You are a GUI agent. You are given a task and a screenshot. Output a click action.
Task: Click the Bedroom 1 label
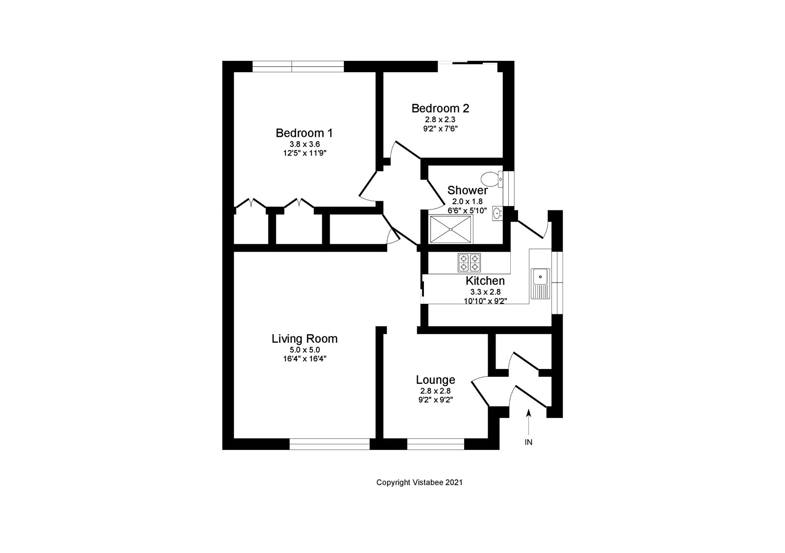[x=304, y=133]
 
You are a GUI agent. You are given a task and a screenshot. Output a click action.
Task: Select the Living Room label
[x=304, y=339]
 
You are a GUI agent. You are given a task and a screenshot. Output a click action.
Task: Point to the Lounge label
[x=435, y=380]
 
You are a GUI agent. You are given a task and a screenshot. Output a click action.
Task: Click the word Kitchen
[x=485, y=281]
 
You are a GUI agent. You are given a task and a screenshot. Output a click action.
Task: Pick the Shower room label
[x=468, y=190]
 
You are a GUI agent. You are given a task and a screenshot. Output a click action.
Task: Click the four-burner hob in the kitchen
[x=469, y=263]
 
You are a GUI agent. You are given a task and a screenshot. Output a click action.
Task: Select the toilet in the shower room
[x=490, y=178]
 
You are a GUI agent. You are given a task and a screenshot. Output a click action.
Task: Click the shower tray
[x=451, y=229]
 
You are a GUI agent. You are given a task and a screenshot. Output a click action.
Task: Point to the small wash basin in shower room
[x=497, y=213]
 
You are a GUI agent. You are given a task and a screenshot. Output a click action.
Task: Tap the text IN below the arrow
[x=528, y=443]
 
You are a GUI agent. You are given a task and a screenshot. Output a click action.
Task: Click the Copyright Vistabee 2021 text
[x=419, y=482]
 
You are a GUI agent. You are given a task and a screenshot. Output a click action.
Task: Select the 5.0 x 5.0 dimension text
[x=304, y=350]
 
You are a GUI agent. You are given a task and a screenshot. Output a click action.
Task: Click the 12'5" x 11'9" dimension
[x=304, y=153]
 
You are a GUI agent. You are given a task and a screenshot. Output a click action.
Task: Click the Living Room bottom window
[x=329, y=444]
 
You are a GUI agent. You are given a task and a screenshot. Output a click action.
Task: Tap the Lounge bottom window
[x=435, y=444]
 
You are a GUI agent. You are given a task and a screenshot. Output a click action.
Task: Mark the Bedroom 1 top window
[x=298, y=66]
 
